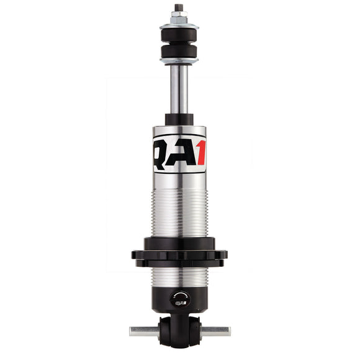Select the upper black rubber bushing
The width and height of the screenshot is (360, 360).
(x=179, y=35)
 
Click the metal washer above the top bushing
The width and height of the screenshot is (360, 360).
(x=179, y=26)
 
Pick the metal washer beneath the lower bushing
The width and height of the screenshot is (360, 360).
(x=179, y=61)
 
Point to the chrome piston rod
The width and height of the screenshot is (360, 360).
(x=179, y=90)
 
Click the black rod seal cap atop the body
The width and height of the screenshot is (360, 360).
(x=179, y=119)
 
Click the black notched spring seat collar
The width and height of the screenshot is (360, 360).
(x=179, y=251)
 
